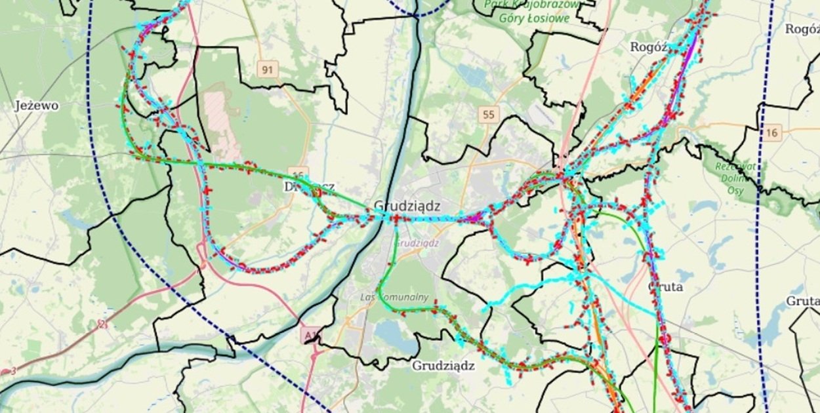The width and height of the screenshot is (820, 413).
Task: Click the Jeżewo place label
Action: [37, 106]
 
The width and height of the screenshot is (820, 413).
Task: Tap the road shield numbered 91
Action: [268, 69]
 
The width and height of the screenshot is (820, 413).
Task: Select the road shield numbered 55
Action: [487, 115]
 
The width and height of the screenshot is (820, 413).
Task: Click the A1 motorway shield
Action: [310, 336]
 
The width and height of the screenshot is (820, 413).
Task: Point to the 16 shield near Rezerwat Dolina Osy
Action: [772, 133]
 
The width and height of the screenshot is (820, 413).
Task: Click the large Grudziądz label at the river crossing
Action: [407, 206]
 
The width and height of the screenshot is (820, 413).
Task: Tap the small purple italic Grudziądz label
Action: [418, 242]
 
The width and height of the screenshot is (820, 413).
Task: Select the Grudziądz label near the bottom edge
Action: [443, 366]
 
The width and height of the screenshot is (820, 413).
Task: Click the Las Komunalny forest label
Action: [394, 297]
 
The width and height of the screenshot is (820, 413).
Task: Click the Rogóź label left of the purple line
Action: [648, 47]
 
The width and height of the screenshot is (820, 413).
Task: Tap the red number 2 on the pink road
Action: [102, 324]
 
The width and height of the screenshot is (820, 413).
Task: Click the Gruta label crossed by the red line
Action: [665, 287]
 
